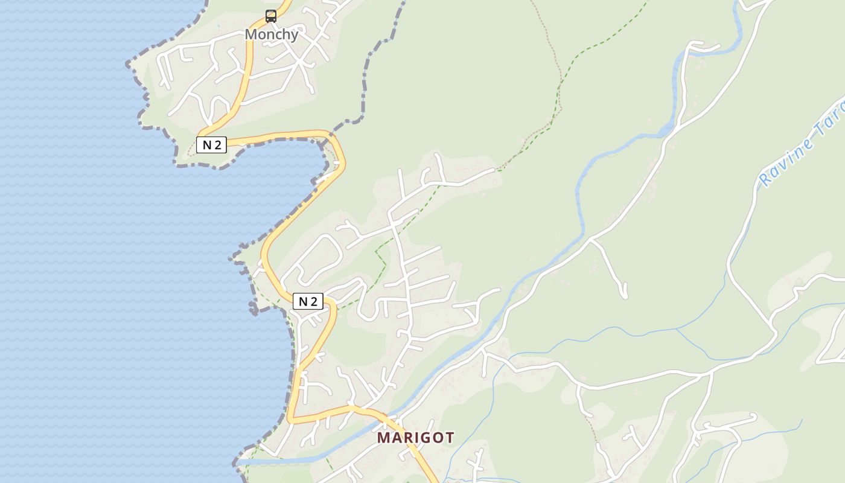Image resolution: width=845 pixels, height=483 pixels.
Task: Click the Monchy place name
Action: (x=271, y=34)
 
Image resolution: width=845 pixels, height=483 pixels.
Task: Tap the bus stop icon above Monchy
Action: (x=271, y=16)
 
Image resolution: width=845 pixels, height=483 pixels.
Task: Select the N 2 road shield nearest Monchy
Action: (x=211, y=145)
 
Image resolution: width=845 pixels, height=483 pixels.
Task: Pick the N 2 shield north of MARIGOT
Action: (x=308, y=301)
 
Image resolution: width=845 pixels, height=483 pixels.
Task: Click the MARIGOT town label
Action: (x=415, y=438)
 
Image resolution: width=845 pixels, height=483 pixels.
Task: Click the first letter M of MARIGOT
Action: (x=383, y=438)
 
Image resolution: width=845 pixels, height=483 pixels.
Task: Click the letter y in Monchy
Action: (x=294, y=36)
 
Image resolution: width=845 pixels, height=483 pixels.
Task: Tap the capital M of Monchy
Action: (x=250, y=34)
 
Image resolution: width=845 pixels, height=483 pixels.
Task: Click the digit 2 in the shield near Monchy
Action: (x=218, y=145)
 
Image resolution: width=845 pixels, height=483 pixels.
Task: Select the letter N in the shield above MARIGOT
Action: (x=302, y=301)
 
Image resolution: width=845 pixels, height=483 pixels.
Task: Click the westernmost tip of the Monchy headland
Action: (x=129, y=64)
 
